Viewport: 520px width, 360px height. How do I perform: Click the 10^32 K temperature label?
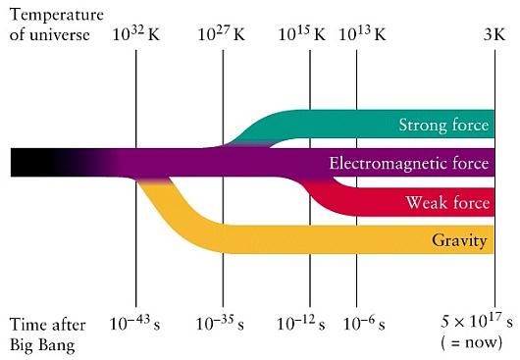(136, 34)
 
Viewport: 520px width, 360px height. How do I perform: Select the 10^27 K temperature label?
(222, 34)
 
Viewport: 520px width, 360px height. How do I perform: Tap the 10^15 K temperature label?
(302, 34)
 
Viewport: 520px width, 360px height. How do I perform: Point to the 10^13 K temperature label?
(362, 34)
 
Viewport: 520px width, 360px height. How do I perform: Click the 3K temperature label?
(494, 34)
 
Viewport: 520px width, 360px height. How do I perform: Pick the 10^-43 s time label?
(134, 324)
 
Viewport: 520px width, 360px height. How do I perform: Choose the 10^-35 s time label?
(220, 324)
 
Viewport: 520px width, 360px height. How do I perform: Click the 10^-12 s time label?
(301, 324)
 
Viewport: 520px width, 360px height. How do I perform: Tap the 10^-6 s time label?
(364, 324)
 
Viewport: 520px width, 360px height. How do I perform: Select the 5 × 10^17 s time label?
(477, 321)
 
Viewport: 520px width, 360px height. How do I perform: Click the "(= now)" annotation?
(472, 342)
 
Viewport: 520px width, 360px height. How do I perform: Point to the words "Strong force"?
(443, 125)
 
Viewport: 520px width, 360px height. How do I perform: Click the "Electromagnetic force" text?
(409, 163)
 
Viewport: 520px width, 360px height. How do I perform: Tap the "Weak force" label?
(447, 202)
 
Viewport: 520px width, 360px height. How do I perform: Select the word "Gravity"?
(459, 240)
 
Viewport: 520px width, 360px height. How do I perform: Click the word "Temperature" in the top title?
(57, 16)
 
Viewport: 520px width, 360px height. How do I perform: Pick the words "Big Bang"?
(42, 345)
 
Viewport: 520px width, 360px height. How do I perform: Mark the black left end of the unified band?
(12, 163)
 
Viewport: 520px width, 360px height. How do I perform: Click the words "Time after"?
(48, 325)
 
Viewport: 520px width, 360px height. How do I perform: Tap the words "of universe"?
(50, 34)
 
